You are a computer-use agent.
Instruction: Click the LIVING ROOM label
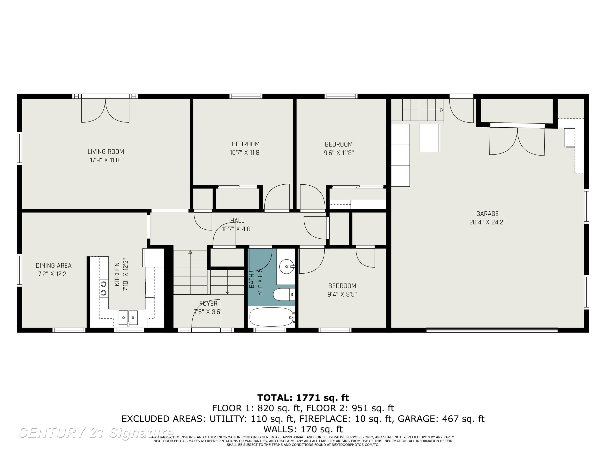click(106, 152)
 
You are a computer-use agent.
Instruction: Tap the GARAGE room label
click(487, 214)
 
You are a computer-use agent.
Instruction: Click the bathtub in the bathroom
click(271, 317)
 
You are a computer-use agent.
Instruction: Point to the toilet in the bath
click(284, 294)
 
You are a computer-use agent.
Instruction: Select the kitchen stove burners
click(104, 289)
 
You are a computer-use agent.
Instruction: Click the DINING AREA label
click(54, 266)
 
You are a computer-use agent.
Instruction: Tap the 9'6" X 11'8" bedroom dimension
click(339, 153)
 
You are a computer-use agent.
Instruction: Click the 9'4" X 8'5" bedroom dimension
click(342, 294)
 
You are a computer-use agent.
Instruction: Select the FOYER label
click(208, 303)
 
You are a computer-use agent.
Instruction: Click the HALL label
click(237, 220)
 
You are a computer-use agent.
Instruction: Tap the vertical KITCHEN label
click(117, 274)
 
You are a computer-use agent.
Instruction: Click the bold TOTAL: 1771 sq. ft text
click(303, 397)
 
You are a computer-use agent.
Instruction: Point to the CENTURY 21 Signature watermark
click(96, 433)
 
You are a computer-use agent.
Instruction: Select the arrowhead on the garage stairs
click(442, 110)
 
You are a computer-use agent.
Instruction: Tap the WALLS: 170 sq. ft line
click(303, 429)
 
